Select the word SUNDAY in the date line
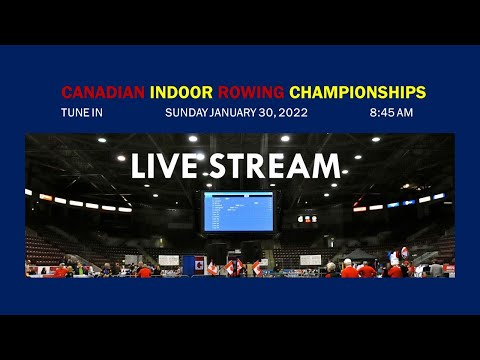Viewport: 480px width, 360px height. pos(187,112)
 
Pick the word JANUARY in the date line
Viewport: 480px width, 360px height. pos(232,112)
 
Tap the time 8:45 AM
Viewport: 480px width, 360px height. pos(392,112)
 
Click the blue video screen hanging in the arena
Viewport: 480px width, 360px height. pos(238,211)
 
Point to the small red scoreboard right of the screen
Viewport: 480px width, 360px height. pos(307,218)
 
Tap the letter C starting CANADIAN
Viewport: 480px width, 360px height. pos(67,92)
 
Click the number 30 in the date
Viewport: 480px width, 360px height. pos(266,112)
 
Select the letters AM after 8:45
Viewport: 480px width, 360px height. pos(404,112)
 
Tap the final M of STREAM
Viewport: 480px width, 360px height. pos(328,166)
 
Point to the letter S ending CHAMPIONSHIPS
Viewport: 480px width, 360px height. pos(421,92)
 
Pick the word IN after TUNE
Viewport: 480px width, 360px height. pos(97,112)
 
